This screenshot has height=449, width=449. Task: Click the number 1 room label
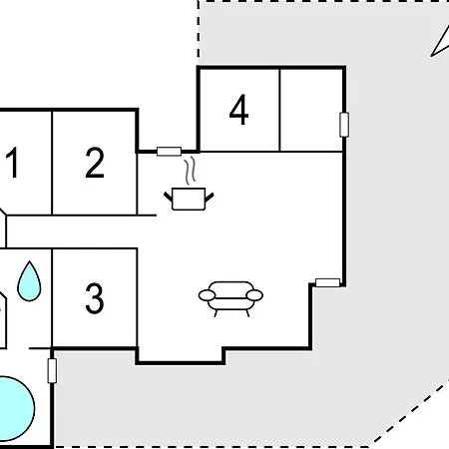click(12, 163)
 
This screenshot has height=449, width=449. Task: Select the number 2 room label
click(95, 163)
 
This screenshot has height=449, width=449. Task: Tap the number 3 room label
click(95, 298)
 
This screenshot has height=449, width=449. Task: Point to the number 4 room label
click(238, 110)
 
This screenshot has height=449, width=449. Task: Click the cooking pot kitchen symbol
click(189, 199)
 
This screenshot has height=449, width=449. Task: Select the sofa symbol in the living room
click(230, 298)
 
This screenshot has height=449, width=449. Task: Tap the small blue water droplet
click(29, 281)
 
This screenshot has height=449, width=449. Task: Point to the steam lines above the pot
click(190, 171)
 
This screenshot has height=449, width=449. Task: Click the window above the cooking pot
click(169, 152)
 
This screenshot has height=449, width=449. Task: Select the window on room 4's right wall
click(344, 125)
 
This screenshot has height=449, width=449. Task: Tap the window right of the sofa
click(327, 282)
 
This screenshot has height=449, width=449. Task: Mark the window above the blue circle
click(52, 371)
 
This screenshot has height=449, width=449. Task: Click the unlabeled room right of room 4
click(311, 110)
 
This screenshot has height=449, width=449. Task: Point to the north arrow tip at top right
click(431, 56)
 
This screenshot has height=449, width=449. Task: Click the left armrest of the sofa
click(207, 295)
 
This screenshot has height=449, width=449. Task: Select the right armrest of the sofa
click(254, 295)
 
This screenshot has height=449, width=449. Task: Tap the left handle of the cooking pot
click(169, 197)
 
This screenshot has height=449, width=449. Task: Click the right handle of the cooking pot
click(210, 197)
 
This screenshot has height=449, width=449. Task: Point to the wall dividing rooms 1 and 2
click(52, 163)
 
